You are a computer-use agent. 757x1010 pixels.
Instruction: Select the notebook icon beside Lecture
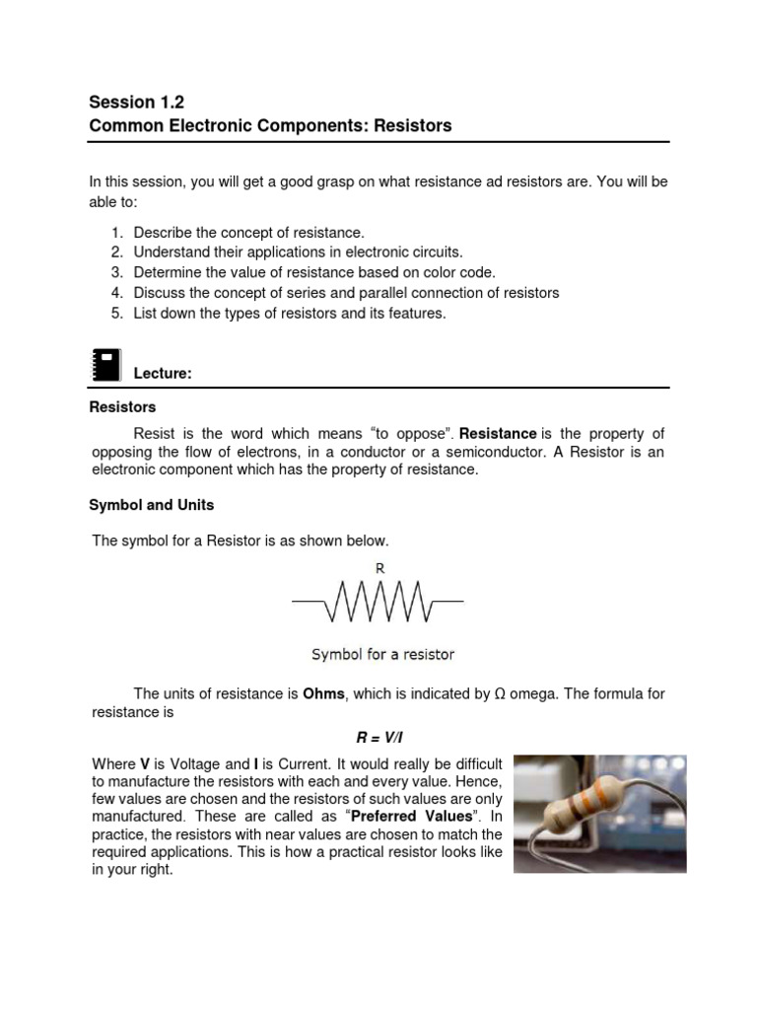104,364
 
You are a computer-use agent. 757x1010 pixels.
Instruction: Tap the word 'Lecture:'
163,374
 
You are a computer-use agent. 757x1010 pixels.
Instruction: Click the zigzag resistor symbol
378,601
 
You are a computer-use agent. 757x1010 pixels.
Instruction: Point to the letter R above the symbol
378,568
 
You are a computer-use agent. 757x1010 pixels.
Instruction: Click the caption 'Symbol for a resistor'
382,654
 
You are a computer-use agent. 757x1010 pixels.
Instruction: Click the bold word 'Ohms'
323,694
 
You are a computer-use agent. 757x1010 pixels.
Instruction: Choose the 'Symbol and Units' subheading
151,505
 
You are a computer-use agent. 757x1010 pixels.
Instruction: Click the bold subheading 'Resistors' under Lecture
122,406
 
